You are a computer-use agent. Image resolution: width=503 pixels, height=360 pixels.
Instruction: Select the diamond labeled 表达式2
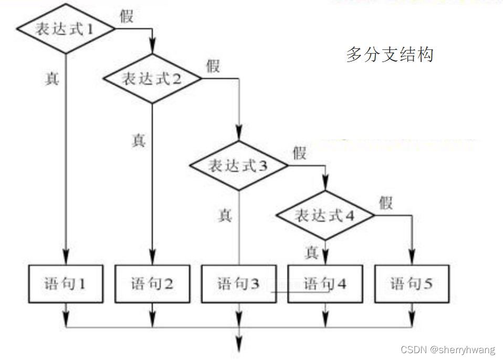(152, 79)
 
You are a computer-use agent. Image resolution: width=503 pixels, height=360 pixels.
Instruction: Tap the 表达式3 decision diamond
(239, 166)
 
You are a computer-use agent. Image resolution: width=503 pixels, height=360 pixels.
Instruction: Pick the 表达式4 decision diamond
(326, 215)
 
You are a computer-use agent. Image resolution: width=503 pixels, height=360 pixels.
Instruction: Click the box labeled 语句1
(65, 284)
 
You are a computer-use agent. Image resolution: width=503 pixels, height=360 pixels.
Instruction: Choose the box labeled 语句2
(152, 284)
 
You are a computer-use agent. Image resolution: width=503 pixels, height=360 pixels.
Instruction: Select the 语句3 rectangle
(239, 284)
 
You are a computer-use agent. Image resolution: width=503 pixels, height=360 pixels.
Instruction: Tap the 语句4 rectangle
(326, 284)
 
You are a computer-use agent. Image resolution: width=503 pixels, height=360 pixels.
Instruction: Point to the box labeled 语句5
(412, 284)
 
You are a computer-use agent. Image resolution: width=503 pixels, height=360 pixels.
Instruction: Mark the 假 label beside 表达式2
(213, 66)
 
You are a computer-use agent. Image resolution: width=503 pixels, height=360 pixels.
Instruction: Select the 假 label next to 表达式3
(300, 153)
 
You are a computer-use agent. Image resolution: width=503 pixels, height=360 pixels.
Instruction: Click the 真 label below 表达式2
(138, 141)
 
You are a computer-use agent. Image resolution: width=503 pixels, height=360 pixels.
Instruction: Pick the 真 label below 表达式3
(225, 215)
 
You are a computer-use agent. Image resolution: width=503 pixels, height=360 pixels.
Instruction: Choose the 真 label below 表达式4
(312, 253)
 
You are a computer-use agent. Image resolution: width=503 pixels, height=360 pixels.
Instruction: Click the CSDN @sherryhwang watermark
(447, 351)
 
